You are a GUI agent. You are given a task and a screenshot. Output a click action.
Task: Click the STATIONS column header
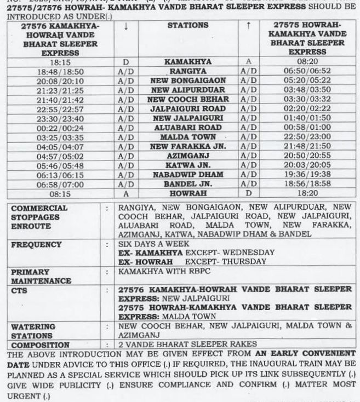coord(187,26)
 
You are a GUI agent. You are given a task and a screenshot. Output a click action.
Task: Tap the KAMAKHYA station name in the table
coord(188,62)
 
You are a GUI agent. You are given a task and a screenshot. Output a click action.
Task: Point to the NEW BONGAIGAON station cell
coord(188,81)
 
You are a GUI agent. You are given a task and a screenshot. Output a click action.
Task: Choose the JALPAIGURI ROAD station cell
coord(188,109)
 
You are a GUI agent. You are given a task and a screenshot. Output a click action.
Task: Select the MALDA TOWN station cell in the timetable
coord(188,137)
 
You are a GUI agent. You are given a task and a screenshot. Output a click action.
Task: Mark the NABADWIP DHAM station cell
coord(188,174)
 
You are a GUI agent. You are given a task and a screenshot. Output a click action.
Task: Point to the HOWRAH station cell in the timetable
coord(188,193)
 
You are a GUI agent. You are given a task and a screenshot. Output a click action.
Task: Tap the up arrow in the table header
coord(248,25)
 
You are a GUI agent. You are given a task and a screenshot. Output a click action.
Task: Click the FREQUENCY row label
coord(37,244)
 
